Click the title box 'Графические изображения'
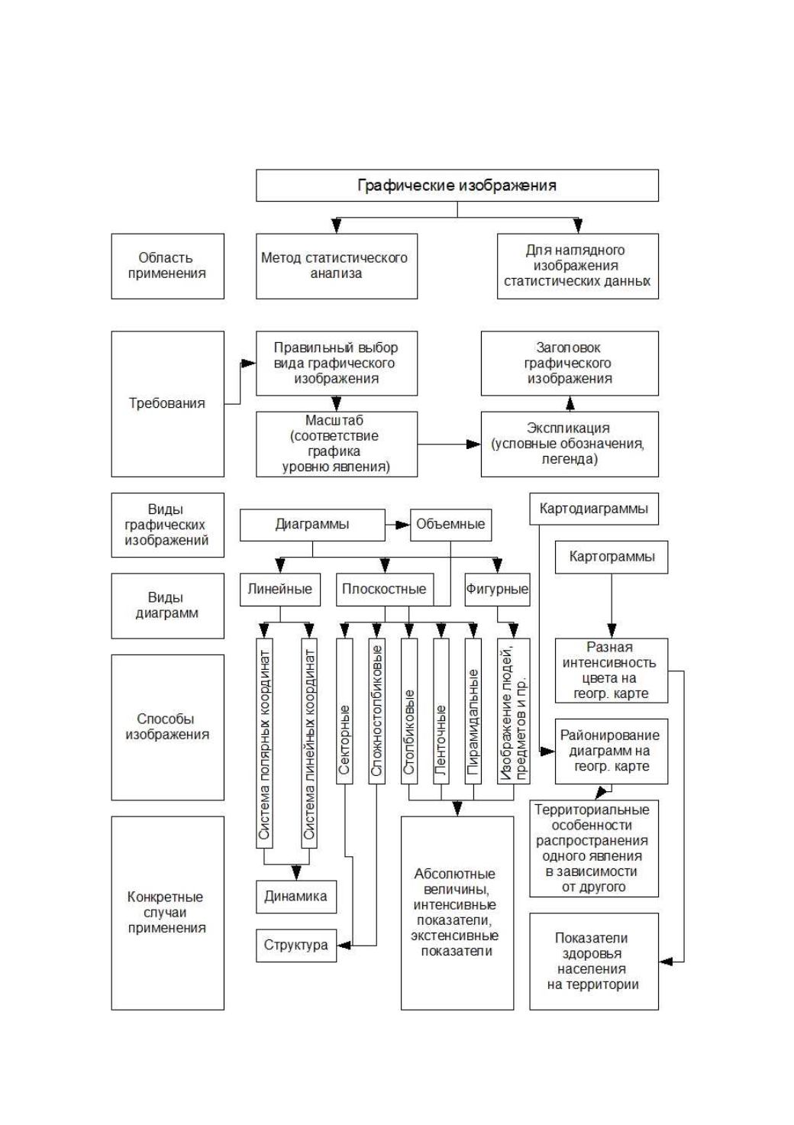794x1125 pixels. tap(457, 186)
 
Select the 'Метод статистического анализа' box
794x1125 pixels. tap(336, 267)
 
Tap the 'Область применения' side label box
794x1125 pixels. tap(168, 267)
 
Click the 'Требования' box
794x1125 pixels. tap(168, 404)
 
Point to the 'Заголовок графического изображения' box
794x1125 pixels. tap(570, 363)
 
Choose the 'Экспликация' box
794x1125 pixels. tap(570, 444)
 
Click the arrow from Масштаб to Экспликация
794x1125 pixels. tap(449, 444)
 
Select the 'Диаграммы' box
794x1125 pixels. tap(312, 525)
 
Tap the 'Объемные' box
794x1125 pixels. tap(450, 525)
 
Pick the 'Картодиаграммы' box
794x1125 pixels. tap(594, 509)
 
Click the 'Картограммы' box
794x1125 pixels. tap(612, 557)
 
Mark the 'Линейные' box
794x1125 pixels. tap(280, 590)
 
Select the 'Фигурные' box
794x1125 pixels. tap(497, 590)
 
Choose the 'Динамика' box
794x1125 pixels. tap(296, 897)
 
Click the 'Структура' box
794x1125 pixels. tap(296, 946)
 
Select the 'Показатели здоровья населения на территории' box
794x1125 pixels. tap(594, 962)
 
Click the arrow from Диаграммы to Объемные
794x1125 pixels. tap(398, 525)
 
